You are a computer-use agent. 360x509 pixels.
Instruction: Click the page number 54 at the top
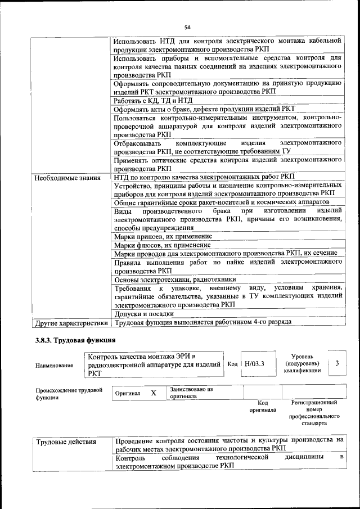coord(187,26)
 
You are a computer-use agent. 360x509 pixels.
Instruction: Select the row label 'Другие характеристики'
coord(71,323)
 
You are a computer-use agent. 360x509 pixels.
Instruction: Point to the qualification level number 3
coord(337,363)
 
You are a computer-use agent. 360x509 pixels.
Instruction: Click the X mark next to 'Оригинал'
coord(153,393)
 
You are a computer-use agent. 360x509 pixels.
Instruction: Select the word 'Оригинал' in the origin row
coord(128,393)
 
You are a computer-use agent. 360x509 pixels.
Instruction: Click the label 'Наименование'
coord(55,366)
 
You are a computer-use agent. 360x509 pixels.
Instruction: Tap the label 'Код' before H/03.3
coord(232,363)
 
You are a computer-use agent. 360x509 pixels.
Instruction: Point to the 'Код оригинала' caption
coord(262,407)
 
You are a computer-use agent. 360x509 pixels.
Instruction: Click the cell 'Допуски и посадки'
coord(144,314)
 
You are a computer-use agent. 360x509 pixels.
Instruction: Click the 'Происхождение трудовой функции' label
coord(69,394)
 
